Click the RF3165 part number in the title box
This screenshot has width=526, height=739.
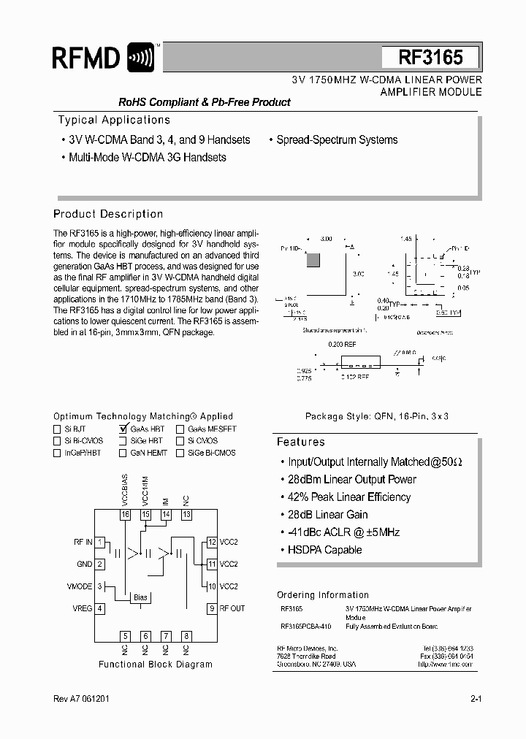pos(430,57)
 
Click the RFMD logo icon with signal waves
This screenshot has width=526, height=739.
pos(141,57)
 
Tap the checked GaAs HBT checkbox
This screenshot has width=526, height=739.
pos(123,429)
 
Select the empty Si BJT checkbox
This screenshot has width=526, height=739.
pos(57,429)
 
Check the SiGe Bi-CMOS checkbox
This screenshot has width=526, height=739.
pos(180,453)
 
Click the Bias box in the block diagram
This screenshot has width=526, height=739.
pos(140,597)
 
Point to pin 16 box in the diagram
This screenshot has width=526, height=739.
pos(126,515)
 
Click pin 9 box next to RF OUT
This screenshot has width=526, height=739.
pos(212,608)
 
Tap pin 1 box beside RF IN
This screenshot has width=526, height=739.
pos(100,542)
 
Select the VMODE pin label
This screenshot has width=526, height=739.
pos(80,586)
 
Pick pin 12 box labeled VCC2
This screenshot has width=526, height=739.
pos(212,542)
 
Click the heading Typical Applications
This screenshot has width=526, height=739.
pos(113,120)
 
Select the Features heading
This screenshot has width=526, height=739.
pos(300,442)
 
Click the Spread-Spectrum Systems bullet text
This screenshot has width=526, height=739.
pos(337,139)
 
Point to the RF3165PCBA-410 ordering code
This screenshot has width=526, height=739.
pos(305,627)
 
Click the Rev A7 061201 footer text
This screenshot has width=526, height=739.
pos(83,699)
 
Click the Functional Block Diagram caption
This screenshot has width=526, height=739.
pos(156,665)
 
